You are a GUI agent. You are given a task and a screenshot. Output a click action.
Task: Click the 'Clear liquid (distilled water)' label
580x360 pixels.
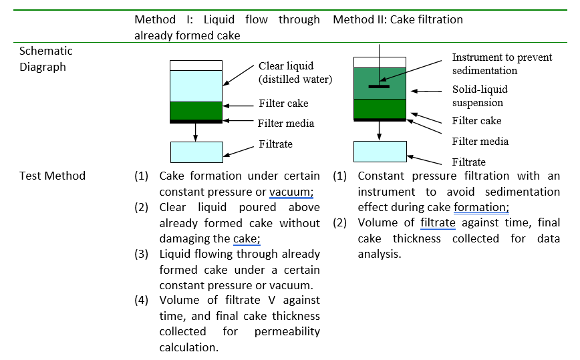(x=295, y=73)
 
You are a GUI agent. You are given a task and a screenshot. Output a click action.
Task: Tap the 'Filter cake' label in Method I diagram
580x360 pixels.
(x=283, y=104)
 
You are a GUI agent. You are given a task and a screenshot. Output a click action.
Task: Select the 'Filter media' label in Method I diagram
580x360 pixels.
(x=285, y=123)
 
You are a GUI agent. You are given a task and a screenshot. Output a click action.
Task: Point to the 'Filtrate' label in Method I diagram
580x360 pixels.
(x=275, y=144)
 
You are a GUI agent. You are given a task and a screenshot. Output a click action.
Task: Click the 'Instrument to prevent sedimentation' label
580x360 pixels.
(x=502, y=64)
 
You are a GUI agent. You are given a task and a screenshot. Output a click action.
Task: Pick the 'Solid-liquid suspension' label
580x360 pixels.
(x=480, y=96)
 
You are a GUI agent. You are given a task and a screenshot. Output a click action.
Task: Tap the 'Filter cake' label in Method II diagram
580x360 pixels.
(x=476, y=121)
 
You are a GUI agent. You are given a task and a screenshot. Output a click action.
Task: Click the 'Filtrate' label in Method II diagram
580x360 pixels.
(x=468, y=162)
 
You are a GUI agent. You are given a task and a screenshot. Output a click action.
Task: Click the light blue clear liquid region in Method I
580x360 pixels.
(x=195, y=85)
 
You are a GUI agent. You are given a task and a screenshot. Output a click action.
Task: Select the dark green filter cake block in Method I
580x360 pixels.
(x=195, y=111)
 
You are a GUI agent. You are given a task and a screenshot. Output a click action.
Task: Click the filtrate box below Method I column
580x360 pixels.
(x=196, y=152)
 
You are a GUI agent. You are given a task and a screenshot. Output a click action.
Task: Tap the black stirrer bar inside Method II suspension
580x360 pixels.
(x=378, y=86)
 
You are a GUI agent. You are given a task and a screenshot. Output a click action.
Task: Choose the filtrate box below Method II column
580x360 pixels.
(x=379, y=151)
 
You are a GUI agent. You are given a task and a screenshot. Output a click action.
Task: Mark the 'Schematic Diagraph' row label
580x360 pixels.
(x=46, y=59)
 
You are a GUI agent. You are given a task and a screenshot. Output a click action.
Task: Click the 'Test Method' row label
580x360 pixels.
(x=52, y=176)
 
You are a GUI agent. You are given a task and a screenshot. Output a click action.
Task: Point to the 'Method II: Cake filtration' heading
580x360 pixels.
(x=398, y=19)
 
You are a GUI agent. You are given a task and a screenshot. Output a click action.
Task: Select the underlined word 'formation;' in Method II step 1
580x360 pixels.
(x=481, y=207)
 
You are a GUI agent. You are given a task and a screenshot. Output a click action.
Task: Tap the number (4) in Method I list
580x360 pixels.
(x=141, y=300)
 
